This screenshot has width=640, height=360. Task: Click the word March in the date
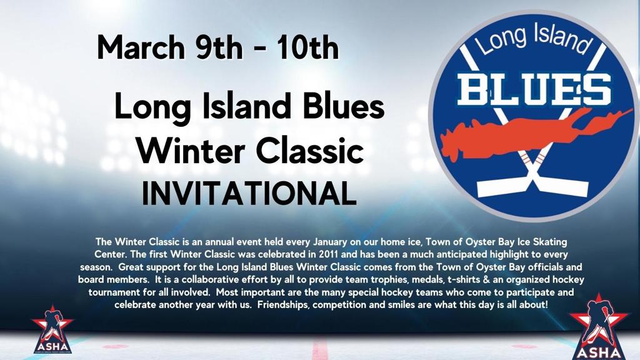(x=141, y=47)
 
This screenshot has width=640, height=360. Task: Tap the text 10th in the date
(x=307, y=47)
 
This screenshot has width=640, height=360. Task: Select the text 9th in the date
(x=219, y=47)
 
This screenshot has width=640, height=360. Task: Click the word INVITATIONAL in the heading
(x=249, y=193)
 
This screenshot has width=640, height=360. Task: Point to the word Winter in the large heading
(x=191, y=150)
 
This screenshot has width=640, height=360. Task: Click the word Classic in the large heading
(x=310, y=150)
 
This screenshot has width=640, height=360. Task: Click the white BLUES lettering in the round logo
(x=534, y=89)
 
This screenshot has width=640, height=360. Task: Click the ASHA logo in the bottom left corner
(x=52, y=329)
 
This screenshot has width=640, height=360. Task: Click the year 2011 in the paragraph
(x=328, y=254)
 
